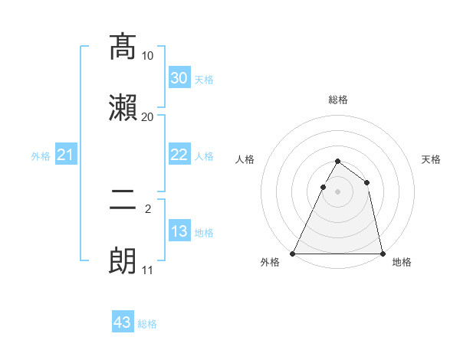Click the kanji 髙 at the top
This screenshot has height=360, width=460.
coord(123,47)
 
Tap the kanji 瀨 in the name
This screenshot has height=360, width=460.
coord(123,107)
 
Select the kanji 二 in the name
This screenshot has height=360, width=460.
coord(123,201)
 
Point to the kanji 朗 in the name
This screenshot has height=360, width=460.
coord(123,260)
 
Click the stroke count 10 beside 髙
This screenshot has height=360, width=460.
coord(148,56)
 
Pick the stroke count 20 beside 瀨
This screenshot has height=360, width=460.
coord(148,116)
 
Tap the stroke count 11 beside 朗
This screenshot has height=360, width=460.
coord(148,270)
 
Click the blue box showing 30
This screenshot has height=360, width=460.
coord(179,78)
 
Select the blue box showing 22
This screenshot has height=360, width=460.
coord(179,155)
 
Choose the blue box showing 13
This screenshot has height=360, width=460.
coord(179,231)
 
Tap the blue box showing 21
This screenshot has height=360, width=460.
coord(66,155)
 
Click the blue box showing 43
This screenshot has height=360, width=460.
coord(123,322)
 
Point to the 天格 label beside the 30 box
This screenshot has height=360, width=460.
coord(204,79)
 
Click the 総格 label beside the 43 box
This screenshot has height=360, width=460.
coord(147,324)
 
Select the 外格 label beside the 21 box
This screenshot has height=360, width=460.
coord(41,156)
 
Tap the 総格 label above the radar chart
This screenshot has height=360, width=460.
coord(338,100)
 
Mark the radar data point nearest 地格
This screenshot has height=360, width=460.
coord(382,253)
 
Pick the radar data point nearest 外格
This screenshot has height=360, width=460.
coord(294,253)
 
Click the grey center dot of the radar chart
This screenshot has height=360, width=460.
coord(338,191)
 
